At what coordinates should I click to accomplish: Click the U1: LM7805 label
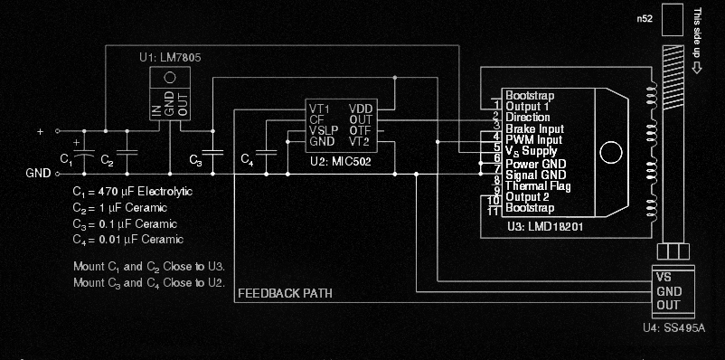tap(169, 57)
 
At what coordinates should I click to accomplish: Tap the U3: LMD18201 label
tap(543, 226)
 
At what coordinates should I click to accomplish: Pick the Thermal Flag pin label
tap(537, 185)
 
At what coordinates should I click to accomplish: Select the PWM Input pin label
tap(533, 140)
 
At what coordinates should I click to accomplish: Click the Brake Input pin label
tap(534, 129)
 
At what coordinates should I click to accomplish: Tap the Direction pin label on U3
tap(527, 118)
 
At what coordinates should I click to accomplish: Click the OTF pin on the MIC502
tap(360, 130)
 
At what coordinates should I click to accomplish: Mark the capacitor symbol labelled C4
tap(266, 152)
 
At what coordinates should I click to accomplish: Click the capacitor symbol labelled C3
tap(212, 152)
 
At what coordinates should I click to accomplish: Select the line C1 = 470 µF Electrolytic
tap(133, 193)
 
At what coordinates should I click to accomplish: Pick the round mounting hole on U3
tap(613, 152)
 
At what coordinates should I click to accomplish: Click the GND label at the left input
tap(38, 172)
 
